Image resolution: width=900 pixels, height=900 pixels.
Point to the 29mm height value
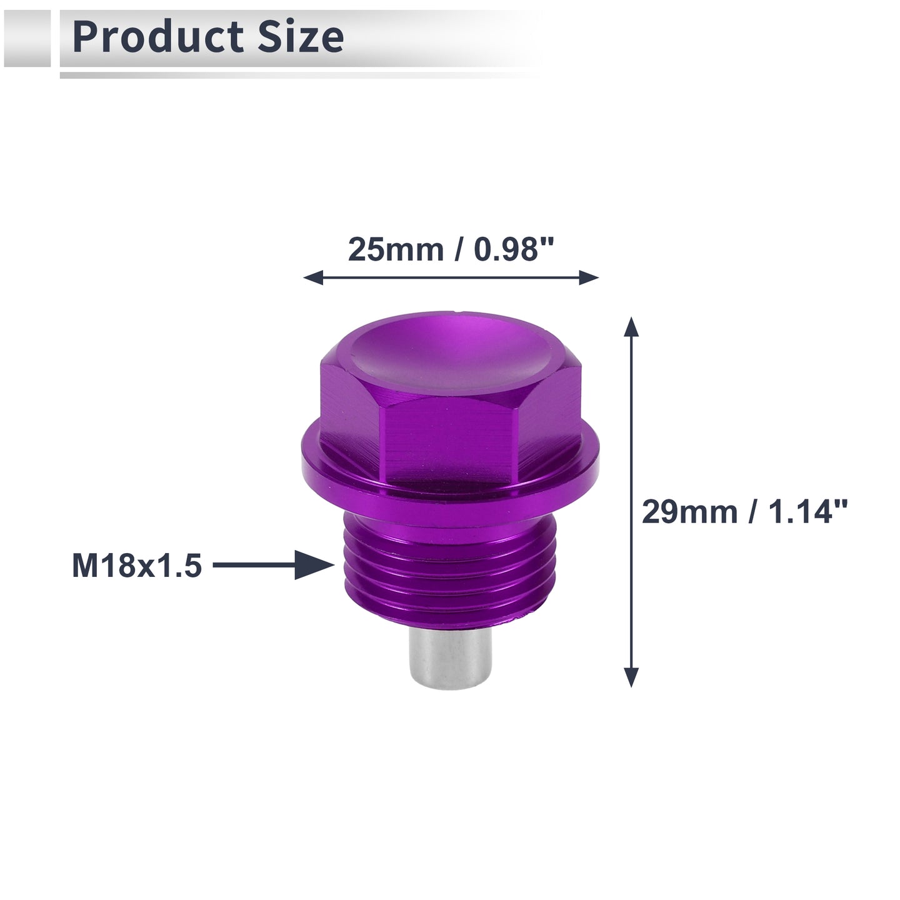click(690, 512)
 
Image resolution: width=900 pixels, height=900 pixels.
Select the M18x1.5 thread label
click(137, 566)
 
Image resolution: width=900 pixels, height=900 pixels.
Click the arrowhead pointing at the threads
click(314, 565)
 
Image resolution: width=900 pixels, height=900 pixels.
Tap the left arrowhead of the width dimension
click(313, 277)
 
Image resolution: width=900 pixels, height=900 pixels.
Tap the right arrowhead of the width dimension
click(589, 277)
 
